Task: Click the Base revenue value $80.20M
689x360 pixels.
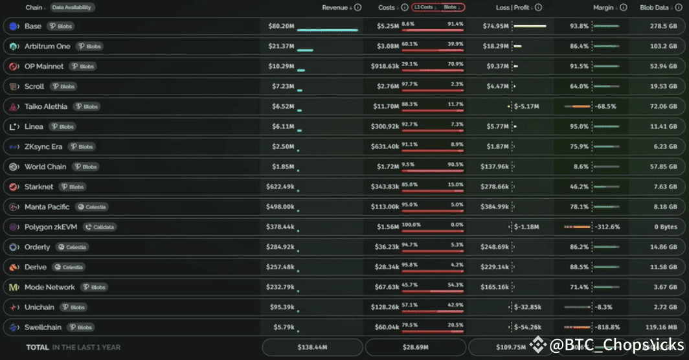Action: (281, 27)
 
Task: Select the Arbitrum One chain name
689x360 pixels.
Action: (47, 47)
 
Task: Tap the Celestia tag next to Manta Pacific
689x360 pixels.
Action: (91, 207)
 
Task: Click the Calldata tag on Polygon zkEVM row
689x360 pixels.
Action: (100, 227)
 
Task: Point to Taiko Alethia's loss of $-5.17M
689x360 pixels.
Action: (526, 107)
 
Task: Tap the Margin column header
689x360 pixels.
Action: (605, 8)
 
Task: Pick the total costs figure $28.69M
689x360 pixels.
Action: (414, 348)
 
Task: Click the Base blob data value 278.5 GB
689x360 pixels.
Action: (664, 27)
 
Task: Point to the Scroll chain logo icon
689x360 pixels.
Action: (14, 87)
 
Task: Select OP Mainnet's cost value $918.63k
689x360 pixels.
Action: (385, 67)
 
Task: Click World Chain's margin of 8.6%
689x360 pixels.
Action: (581, 167)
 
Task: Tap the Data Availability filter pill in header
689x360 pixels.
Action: (73, 8)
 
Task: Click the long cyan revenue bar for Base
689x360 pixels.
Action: (327, 30)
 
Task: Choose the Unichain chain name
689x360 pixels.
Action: (40, 308)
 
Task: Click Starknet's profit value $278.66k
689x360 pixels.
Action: (495, 187)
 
